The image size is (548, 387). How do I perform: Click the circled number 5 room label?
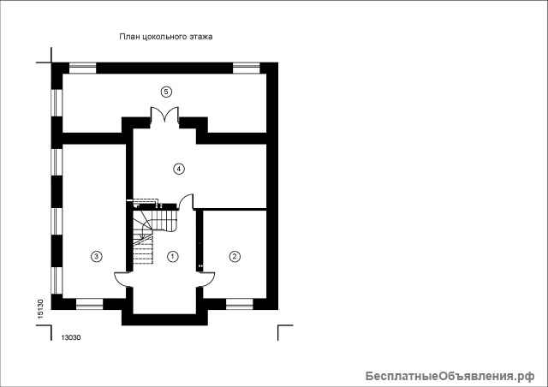pyautogui.click(x=166, y=92)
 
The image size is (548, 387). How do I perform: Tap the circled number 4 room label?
pyautogui.click(x=179, y=169)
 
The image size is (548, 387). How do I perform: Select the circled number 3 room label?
pyautogui.click(x=97, y=257)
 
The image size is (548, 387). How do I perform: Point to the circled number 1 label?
pyautogui.click(x=172, y=257)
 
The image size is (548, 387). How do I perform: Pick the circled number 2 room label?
pyautogui.click(x=235, y=257)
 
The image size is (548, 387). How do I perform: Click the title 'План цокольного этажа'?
pyautogui.click(x=166, y=37)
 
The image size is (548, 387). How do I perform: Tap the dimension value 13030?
pyautogui.click(x=71, y=337)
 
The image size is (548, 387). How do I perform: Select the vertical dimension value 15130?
pyautogui.click(x=40, y=309)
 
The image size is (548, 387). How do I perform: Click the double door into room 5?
pyautogui.click(x=165, y=115)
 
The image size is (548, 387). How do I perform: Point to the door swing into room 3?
pyautogui.click(x=121, y=279)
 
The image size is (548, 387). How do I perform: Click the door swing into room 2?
pyautogui.click(x=209, y=279)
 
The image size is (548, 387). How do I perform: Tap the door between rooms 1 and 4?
pyautogui.click(x=186, y=201)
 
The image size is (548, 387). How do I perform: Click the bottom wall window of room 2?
pyautogui.click(x=240, y=304)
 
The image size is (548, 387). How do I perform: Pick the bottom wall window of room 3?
pyautogui.click(x=89, y=304)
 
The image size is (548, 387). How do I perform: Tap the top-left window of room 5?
pyautogui.click(x=82, y=68)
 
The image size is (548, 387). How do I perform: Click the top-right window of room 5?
pyautogui.click(x=247, y=68)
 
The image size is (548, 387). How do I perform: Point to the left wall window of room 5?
pyautogui.click(x=57, y=103)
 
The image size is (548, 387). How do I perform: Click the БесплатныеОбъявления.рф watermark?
pyautogui.click(x=450, y=376)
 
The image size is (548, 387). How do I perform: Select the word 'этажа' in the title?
pyautogui.click(x=201, y=37)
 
